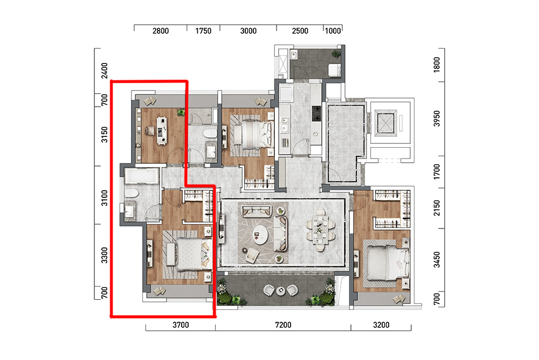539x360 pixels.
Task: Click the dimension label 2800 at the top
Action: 161,31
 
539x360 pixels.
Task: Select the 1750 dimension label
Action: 203,31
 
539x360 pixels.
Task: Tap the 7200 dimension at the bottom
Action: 284,325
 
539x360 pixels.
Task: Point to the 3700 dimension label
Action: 181,325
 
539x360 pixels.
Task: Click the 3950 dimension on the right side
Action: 437,118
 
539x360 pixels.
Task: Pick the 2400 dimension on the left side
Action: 105,71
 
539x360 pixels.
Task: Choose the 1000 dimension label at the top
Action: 333,31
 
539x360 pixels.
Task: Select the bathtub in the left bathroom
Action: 141,176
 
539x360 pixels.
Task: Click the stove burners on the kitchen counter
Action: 316,114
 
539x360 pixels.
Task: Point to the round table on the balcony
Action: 280,291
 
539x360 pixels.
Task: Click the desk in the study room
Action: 162,130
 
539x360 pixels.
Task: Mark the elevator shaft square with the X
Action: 385,122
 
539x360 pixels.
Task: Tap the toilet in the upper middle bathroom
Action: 210,134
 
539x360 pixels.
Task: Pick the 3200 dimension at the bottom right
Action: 381,325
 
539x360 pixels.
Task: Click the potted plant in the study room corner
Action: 181,112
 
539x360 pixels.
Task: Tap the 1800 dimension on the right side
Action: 437,64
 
